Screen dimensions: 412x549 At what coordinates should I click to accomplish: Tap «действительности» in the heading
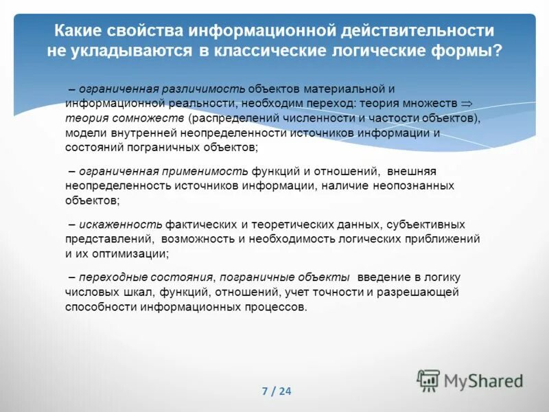coord(414,31)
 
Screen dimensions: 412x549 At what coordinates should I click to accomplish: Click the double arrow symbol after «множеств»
coord(467,103)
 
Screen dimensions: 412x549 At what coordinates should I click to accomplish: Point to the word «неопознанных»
coord(415,185)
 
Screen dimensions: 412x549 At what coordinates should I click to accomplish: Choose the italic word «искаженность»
coord(120,225)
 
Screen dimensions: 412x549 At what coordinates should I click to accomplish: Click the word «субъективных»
coord(426,225)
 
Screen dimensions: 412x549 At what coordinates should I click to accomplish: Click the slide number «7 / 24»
coord(277,391)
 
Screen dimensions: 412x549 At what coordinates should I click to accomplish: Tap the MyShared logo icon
coord(428,380)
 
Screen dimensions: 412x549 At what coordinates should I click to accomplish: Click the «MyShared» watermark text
coord(483,380)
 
